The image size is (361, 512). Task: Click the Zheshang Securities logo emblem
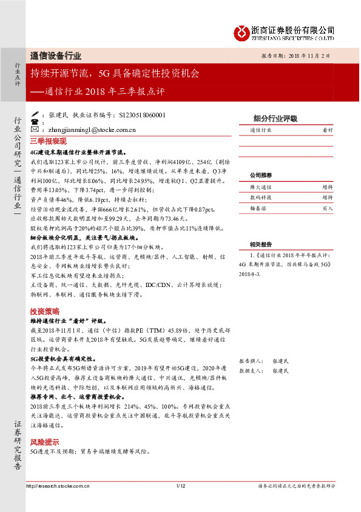tap(242, 31)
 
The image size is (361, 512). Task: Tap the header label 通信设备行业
tap(56, 55)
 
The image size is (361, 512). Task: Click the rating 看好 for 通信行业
tap(327, 130)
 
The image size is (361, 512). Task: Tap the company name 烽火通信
tap(261, 187)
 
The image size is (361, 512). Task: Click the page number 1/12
tap(180, 485)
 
